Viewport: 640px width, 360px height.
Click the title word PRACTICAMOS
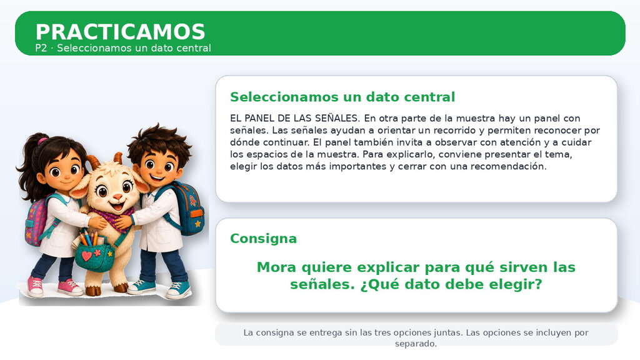pos(121,32)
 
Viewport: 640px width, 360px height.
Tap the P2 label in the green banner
pos(41,48)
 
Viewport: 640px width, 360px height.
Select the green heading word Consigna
pos(263,238)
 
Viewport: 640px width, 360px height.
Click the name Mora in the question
pos(277,267)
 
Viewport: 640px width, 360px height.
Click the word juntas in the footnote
pos(448,332)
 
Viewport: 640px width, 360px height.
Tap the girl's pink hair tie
pos(42,141)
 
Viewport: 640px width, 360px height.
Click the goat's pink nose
pos(117,197)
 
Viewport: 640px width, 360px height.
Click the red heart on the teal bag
pos(86,256)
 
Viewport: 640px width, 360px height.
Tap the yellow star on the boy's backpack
pos(198,223)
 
